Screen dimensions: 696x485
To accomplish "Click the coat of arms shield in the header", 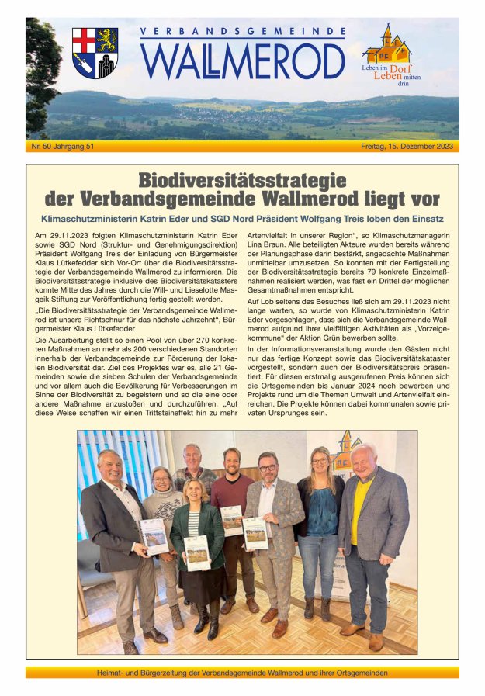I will [x=95, y=53].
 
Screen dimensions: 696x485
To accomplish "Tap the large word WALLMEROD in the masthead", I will [x=243, y=61].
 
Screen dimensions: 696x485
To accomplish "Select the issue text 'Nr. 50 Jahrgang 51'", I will [x=63, y=146].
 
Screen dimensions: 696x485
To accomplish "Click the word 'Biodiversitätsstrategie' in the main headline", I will [x=242, y=181].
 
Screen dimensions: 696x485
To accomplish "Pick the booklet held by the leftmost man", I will [x=154, y=535].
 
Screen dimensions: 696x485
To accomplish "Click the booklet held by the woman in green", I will [x=196, y=552].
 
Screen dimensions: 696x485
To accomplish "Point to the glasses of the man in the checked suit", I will [x=268, y=468].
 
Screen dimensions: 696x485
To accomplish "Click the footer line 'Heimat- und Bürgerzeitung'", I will [x=242, y=673].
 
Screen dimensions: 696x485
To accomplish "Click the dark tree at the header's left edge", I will [x=40, y=74].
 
